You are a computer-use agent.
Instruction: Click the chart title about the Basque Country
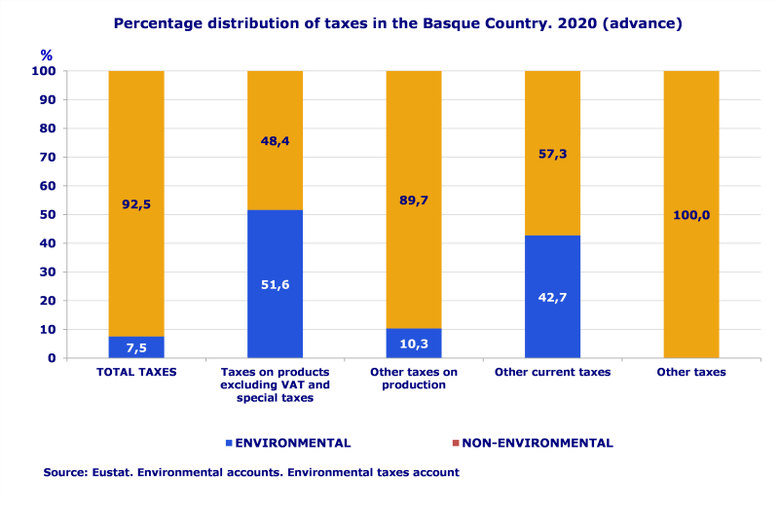click(x=397, y=22)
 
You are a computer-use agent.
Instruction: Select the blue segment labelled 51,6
click(x=275, y=284)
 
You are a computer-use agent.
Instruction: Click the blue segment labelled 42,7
click(x=552, y=297)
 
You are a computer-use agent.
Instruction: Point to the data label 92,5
click(x=135, y=205)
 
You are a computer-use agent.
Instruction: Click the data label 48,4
click(x=275, y=141)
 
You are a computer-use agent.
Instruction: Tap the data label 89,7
click(x=413, y=201)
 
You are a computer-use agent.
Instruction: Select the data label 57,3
click(x=552, y=154)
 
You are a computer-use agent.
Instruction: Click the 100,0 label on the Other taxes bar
click(x=691, y=215)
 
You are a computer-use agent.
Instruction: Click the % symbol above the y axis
click(x=46, y=55)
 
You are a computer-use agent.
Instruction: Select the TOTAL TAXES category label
click(x=135, y=373)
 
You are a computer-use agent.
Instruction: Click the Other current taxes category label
click(x=552, y=373)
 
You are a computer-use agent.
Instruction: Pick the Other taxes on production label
click(x=414, y=379)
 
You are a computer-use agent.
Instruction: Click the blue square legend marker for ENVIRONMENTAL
click(x=229, y=443)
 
